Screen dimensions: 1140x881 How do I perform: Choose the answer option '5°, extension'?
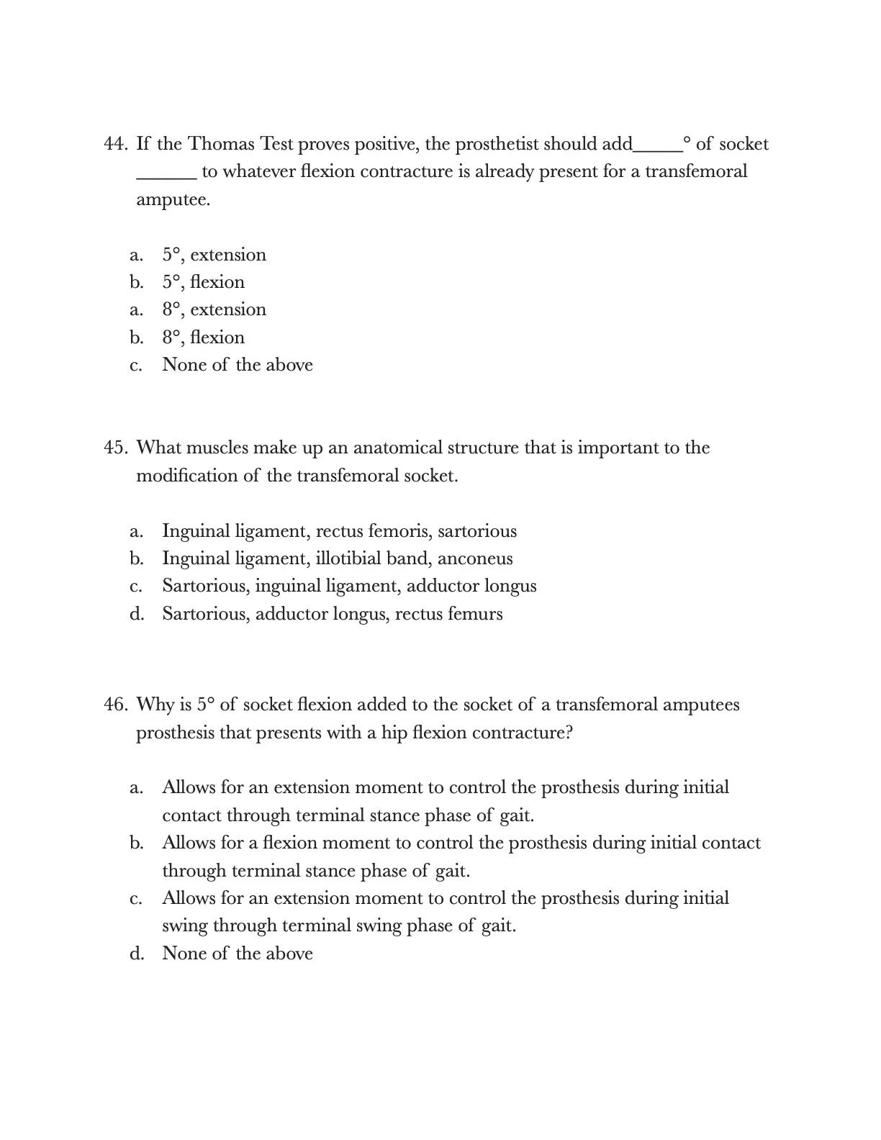coord(214,255)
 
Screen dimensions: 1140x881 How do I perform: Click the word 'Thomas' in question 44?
coord(221,144)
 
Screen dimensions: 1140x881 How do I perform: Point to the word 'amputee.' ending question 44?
coord(173,199)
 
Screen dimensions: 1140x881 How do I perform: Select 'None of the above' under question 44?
coord(238,365)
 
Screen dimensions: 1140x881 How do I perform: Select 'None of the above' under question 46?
coord(238,954)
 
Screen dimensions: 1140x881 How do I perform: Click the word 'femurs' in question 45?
coord(475,614)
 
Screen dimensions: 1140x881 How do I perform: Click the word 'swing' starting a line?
coord(184,926)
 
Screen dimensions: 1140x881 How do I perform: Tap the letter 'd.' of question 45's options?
coord(137,614)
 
